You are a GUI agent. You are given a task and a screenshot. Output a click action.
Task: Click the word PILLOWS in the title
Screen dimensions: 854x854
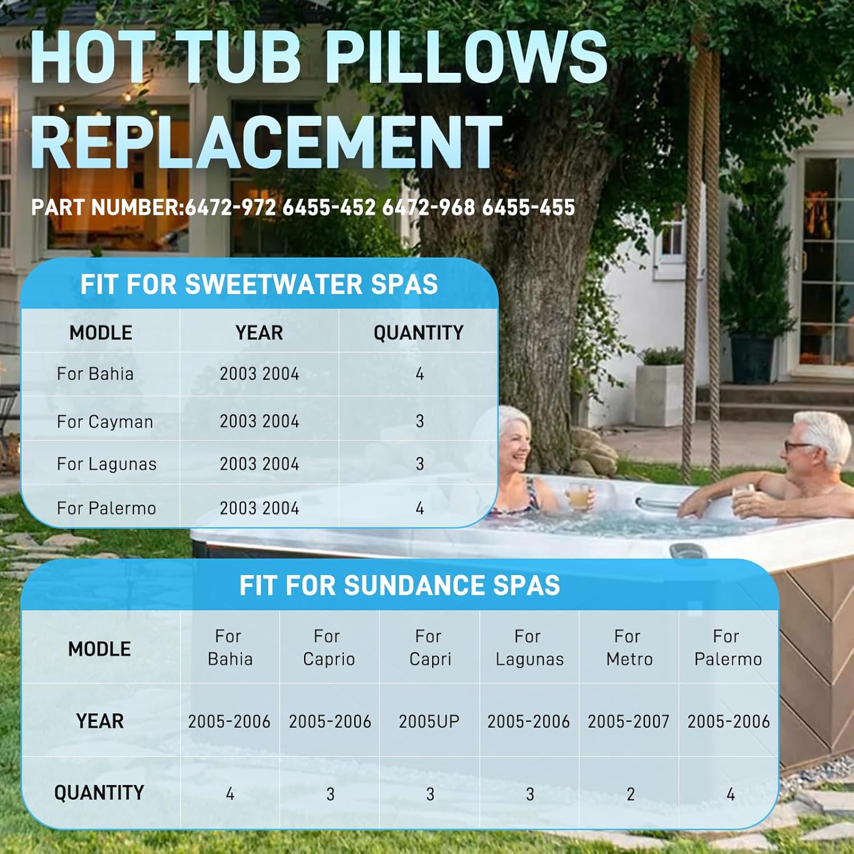coord(466,57)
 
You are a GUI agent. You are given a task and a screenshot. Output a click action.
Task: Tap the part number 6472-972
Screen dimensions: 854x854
coord(231,207)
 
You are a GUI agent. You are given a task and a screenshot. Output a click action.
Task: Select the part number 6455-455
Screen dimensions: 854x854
coord(528,207)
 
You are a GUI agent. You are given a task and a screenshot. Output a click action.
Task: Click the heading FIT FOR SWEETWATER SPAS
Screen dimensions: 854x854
coord(259,284)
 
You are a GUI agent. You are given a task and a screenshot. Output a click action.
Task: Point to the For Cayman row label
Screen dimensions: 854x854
coord(105,422)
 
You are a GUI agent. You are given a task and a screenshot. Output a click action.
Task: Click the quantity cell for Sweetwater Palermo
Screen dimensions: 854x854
coord(420,508)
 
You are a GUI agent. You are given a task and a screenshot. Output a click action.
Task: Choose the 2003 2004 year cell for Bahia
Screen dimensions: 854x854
coord(260,374)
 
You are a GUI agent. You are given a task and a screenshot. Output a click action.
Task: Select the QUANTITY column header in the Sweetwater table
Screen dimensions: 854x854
coord(418,332)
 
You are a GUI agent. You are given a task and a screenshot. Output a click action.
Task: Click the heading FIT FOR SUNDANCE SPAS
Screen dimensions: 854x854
coord(400,585)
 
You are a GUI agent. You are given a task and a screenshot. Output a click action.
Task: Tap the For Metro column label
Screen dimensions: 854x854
coord(629,647)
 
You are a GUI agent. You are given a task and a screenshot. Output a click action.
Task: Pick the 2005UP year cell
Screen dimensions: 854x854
coord(429,721)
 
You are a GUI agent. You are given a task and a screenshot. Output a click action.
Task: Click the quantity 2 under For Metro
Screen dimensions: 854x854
coord(630,794)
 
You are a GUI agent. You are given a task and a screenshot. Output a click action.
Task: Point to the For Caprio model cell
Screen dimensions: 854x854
coord(329,647)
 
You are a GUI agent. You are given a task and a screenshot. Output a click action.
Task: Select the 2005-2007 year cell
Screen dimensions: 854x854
coord(629,721)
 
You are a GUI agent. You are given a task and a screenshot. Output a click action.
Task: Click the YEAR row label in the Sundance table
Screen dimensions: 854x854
coord(100,721)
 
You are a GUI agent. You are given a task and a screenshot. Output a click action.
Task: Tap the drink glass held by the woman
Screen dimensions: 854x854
coord(578,495)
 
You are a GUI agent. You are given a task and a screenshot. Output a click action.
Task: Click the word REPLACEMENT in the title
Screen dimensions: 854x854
coord(266,141)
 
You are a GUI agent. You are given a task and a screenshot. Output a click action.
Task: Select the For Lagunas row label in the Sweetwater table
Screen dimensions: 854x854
coord(106,464)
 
